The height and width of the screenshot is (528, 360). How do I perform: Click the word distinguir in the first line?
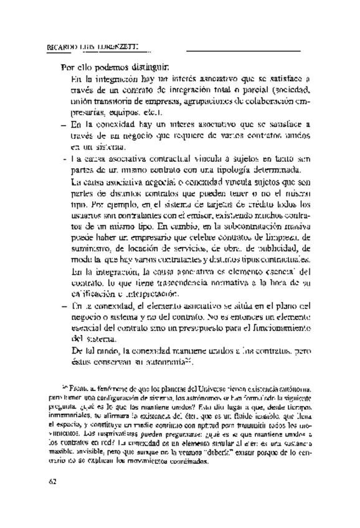[148, 67]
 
